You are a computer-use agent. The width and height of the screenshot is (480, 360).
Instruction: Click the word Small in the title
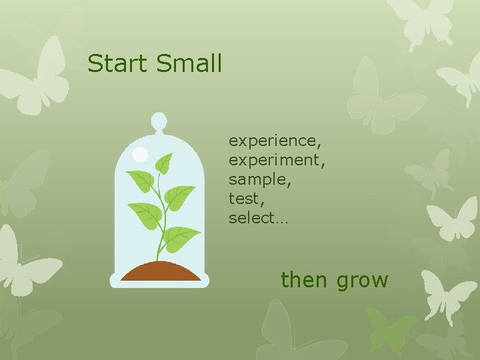pos(189,64)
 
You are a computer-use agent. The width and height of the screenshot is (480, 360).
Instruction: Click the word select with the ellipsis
pos(257,218)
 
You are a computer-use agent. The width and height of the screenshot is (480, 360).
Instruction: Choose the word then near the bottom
pos(305,279)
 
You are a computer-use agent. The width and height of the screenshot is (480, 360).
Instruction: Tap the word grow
pos(362,281)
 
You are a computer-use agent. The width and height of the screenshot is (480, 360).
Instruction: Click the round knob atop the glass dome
pos(159,121)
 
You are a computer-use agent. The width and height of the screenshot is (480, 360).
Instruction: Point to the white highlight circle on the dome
pos(140,155)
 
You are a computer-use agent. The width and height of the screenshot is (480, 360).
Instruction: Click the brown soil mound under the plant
pos(159,271)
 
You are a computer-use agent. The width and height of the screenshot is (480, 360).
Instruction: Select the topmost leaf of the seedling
pos(163,163)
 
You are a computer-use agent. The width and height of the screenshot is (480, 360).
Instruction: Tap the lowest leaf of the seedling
pos(181,239)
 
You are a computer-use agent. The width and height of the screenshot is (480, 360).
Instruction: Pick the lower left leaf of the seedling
pos(145,214)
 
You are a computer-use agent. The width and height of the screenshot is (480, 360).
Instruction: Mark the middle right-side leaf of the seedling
pos(179,197)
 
